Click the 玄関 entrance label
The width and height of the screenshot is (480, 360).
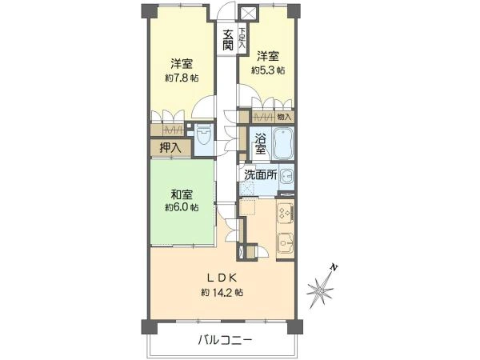click(227, 41)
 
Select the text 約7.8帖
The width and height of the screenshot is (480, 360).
click(182, 78)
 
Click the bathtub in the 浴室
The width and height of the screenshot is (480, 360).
click(282, 144)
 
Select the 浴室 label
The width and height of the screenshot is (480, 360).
click(260, 145)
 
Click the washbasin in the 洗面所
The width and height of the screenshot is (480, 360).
click(286, 178)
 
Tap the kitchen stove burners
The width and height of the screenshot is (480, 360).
click(284, 212)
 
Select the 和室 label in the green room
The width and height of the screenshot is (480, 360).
click(182, 193)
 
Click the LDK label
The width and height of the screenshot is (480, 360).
click(222, 278)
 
